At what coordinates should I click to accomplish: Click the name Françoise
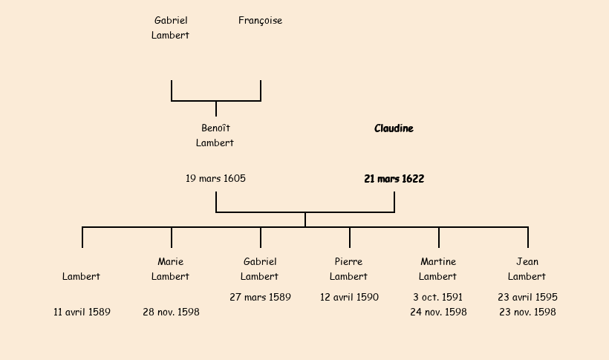tap(260, 21)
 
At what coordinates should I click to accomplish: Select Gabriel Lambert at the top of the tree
tap(171, 27)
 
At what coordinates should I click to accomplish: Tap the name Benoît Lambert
tap(215, 135)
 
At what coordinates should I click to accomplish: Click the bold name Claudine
tap(394, 128)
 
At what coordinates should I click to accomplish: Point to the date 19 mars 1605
tap(215, 179)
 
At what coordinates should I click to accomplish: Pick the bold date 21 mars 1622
tap(394, 179)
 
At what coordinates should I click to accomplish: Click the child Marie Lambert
tap(171, 269)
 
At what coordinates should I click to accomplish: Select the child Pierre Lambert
tap(349, 269)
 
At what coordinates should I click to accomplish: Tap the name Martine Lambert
tap(438, 269)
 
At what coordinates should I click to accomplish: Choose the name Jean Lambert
tap(527, 269)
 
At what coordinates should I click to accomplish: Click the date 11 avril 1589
tap(82, 312)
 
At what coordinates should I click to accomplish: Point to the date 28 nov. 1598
tap(171, 312)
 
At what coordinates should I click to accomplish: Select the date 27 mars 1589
tap(260, 298)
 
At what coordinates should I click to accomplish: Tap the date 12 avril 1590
tap(349, 298)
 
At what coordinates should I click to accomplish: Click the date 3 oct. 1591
tap(438, 298)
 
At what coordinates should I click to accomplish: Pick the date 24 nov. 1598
tap(438, 312)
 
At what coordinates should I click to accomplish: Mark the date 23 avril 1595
tap(527, 298)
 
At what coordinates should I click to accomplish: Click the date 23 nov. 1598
tap(527, 312)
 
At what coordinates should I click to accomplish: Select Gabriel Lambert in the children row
tap(260, 269)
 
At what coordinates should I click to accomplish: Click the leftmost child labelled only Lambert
tap(82, 276)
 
